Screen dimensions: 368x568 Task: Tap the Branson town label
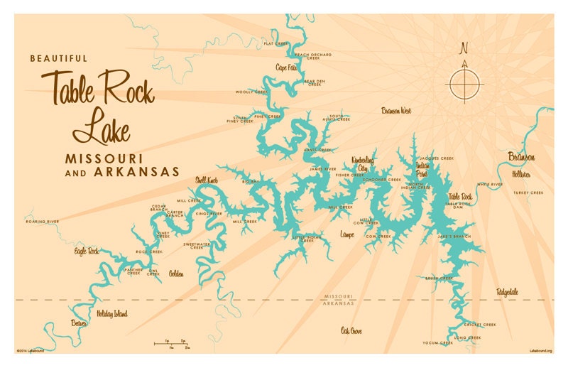pos(521,157)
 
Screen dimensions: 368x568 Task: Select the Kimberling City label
pos(364,164)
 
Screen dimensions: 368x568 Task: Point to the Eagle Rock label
pos(87,251)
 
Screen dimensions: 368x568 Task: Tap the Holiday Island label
pos(111,313)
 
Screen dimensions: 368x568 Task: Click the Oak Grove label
pos(351,330)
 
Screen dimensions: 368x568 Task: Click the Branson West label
pos(396,111)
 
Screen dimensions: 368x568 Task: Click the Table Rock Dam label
pos(458,206)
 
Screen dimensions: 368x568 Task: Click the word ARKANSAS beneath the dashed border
pos(337,303)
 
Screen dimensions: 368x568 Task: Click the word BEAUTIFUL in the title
pos(58,58)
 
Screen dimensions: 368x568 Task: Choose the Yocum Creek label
pos(437,343)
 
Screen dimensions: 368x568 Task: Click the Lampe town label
pos(347,234)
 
